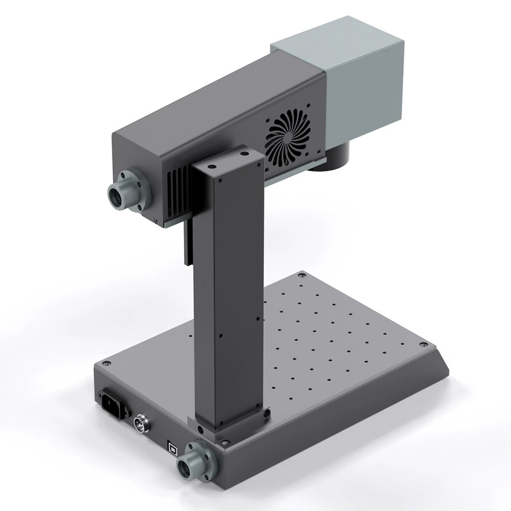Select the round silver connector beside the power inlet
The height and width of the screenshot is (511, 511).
tap(141, 424)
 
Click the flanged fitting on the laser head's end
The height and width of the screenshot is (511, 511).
tap(128, 192)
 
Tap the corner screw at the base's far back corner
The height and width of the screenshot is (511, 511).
tap(301, 275)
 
